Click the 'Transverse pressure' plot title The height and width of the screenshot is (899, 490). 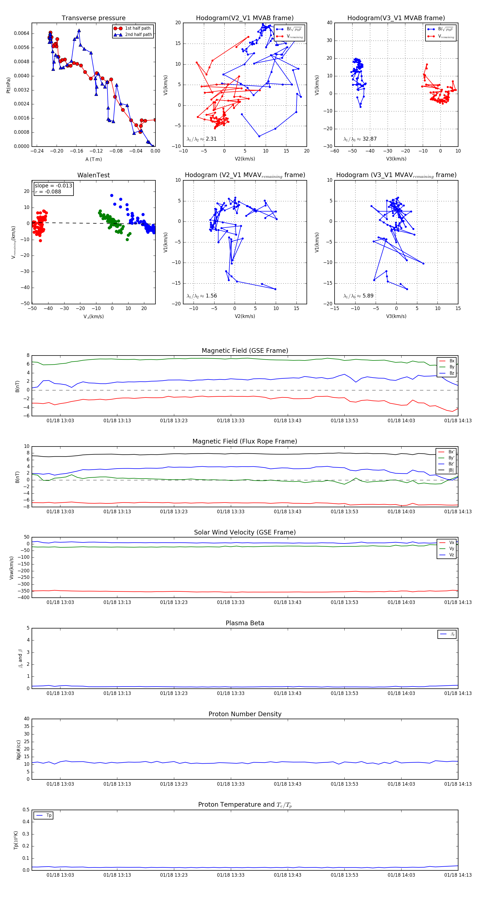pyautogui.click(x=93, y=18)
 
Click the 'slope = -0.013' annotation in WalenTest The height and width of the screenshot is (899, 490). pyautogui.click(x=53, y=186)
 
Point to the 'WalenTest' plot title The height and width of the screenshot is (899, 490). pyautogui.click(x=93, y=175)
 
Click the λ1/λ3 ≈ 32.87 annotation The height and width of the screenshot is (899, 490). pyautogui.click(x=360, y=139)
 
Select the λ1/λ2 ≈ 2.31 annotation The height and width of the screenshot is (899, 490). pyautogui.click(x=201, y=139)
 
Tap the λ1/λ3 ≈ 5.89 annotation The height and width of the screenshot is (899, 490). pyautogui.click(x=358, y=296)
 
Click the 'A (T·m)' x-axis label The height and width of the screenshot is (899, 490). pyautogui.click(x=93, y=159)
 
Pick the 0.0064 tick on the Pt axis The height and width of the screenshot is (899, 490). pyautogui.click(x=22, y=34)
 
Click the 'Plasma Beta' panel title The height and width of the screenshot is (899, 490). pyautogui.click(x=245, y=623)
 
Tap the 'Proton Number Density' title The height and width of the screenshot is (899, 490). pyautogui.click(x=245, y=714)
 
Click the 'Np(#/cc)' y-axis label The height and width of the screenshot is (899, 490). pyautogui.click(x=19, y=750)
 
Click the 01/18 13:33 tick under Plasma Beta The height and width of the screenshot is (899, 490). pyautogui.click(x=231, y=693)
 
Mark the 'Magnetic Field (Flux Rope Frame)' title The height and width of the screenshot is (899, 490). pyautogui.click(x=245, y=442)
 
